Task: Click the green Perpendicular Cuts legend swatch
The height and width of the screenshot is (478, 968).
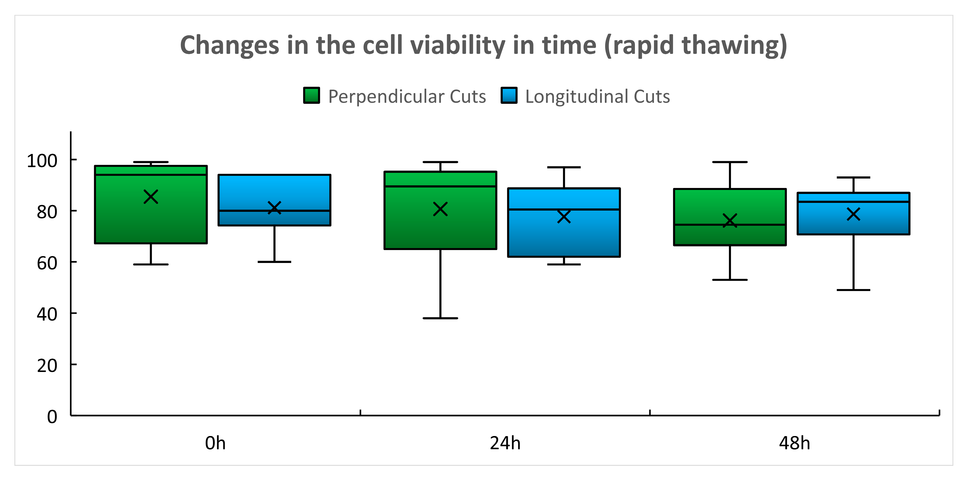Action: click(311, 95)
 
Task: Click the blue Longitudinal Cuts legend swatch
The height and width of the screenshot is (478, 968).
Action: click(509, 95)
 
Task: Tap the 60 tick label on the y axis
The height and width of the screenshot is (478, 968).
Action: click(47, 263)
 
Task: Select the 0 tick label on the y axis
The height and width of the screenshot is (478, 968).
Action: click(52, 417)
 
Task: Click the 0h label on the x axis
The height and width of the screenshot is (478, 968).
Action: click(215, 443)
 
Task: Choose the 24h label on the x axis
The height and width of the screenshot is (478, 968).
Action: click(505, 443)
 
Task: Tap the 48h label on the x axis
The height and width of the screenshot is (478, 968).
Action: click(794, 443)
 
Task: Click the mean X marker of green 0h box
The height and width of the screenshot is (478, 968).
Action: click(151, 196)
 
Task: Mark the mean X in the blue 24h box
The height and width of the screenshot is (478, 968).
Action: click(564, 217)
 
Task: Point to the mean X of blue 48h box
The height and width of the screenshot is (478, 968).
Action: click(853, 214)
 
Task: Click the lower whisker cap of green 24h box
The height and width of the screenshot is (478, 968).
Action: click(440, 318)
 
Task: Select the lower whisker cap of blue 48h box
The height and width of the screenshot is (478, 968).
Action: click(853, 290)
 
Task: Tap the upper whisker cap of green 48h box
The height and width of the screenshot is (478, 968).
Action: click(730, 162)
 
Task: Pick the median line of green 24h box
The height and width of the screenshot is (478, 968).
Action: click(440, 186)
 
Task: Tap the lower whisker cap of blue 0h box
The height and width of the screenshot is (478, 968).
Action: click(274, 261)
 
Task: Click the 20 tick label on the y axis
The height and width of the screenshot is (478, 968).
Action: click(47, 366)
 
